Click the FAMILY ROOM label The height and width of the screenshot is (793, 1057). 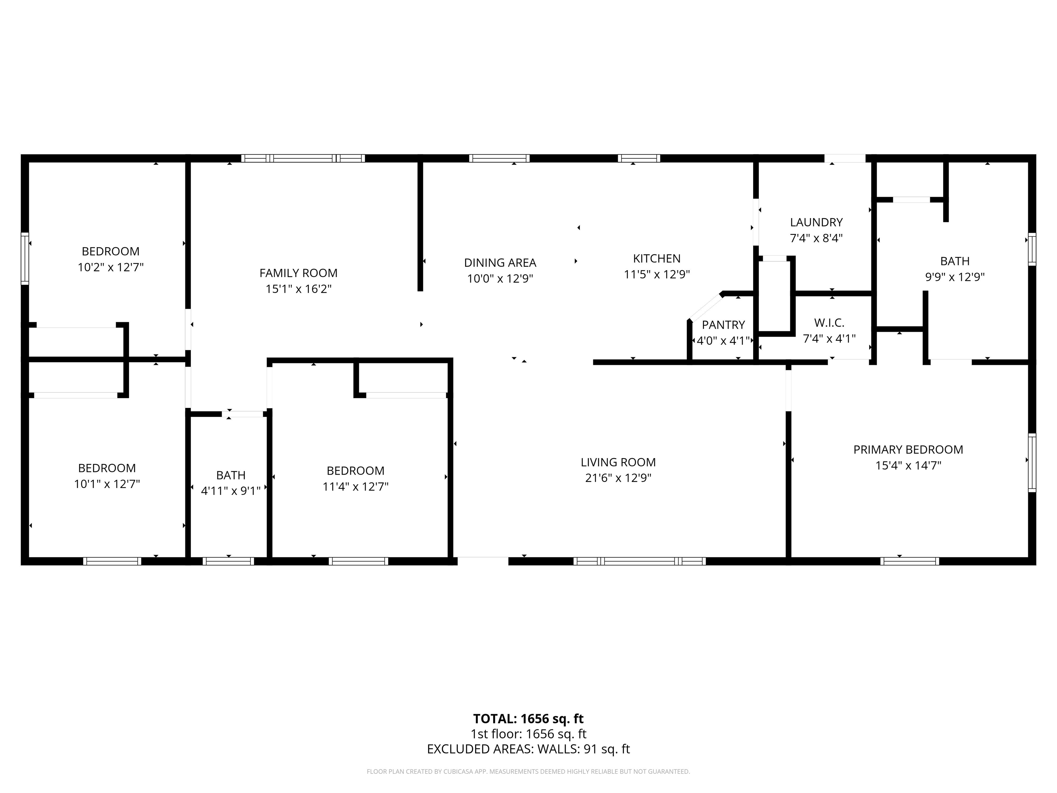pos(298,273)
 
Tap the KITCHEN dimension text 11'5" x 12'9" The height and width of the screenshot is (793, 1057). pos(656,274)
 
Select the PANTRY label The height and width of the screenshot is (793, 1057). pos(723,325)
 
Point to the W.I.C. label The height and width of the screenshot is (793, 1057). pos(829,323)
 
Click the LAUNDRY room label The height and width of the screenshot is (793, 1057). pos(816,222)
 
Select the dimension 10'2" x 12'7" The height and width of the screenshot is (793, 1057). pos(110,267)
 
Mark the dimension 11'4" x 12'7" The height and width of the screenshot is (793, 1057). pos(355,487)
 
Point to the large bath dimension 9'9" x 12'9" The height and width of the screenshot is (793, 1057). pos(954,277)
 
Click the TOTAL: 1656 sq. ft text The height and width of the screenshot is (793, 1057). pos(528,718)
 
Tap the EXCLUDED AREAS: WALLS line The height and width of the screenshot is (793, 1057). pos(528,749)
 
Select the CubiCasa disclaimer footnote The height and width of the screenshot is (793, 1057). pos(528,772)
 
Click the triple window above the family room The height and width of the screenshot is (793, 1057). pos(303,158)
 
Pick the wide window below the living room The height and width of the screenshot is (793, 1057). pos(639,561)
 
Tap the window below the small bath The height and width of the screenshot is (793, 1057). pos(228,561)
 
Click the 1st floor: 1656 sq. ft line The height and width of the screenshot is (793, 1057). pos(528,734)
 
